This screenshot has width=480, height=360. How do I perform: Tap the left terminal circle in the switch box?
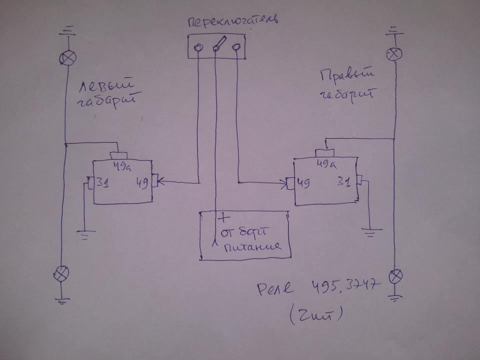tap(198, 47)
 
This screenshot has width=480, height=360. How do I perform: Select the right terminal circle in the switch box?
tap(236, 47)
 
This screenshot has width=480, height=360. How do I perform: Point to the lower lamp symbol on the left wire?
tap(61, 273)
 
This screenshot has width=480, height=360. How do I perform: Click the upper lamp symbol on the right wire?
tap(393, 53)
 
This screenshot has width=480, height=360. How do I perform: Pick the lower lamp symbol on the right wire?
tap(396, 275)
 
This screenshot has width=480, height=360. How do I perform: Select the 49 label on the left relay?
tap(141, 184)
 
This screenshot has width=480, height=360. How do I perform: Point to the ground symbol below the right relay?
tap(370, 230)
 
